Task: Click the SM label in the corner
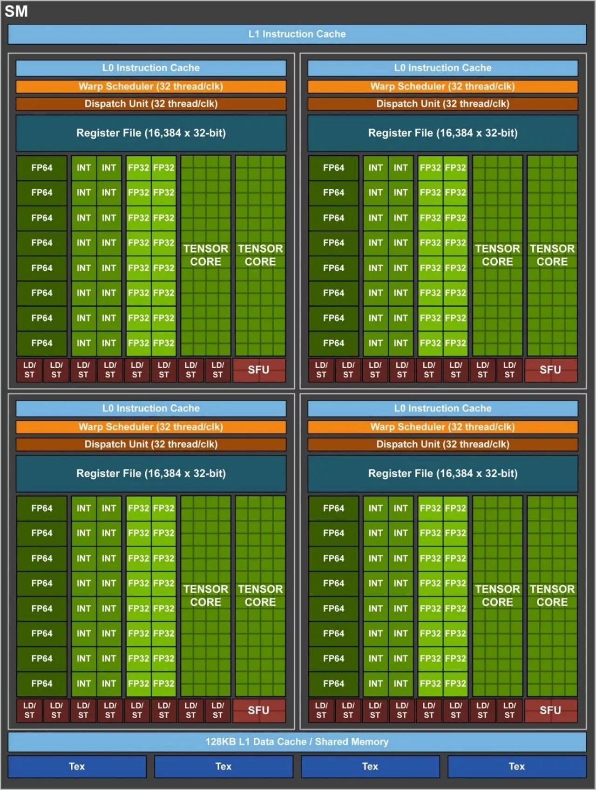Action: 16,11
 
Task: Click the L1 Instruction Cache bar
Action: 297,34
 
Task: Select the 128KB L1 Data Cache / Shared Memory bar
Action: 297,742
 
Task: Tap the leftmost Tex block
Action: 77,766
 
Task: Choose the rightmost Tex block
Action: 516,766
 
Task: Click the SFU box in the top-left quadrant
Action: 259,370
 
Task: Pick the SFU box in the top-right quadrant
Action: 550,370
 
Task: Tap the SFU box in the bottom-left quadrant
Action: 259,710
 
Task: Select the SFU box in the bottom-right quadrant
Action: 550,710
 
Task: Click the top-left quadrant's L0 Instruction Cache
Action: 151,68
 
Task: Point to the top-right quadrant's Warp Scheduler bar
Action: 442,86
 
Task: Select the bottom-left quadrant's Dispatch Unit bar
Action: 151,444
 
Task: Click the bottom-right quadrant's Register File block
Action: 442,474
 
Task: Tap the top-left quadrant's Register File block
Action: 151,133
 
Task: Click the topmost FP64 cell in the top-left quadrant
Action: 42,168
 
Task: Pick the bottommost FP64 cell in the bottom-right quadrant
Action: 333,684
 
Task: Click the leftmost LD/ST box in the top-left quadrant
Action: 29,370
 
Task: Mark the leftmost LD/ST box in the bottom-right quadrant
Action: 321,710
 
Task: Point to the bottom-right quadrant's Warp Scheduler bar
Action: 442,427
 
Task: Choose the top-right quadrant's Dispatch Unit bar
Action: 442,104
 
